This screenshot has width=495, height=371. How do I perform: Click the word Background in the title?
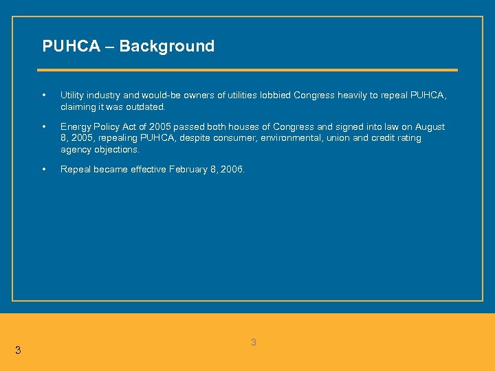click(x=166, y=46)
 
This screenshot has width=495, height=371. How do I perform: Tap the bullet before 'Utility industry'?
click(x=44, y=95)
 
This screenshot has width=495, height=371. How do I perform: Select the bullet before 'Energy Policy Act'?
click(x=44, y=127)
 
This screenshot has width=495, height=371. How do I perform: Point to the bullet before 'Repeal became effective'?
click(x=44, y=170)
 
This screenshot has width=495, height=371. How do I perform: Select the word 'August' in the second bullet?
click(x=430, y=127)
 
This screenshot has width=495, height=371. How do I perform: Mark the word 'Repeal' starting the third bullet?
click(x=75, y=170)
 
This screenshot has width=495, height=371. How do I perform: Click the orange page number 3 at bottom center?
click(x=253, y=342)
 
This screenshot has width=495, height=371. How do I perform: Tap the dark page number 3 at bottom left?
click(x=18, y=350)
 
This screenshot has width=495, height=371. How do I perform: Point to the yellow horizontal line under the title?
click(x=247, y=70)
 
